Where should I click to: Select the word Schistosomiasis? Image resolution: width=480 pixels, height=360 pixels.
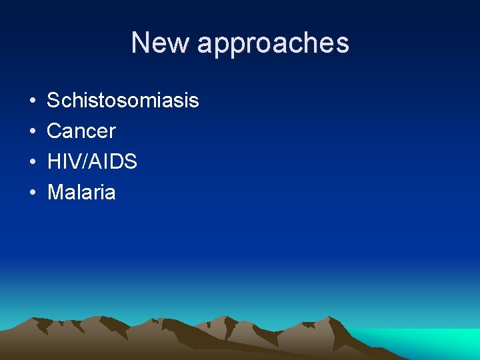click(123, 101)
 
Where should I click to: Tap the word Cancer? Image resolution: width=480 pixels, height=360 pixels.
click(81, 131)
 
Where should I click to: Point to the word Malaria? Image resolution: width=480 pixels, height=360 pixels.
click(81, 193)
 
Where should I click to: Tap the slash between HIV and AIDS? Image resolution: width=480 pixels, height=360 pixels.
click(83, 162)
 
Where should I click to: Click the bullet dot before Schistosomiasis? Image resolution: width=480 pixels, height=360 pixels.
click(32, 101)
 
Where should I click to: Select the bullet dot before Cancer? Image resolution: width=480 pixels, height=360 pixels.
click(32, 132)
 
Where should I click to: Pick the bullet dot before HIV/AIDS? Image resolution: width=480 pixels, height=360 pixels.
click(32, 163)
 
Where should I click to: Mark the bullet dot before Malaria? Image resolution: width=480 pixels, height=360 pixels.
click(32, 193)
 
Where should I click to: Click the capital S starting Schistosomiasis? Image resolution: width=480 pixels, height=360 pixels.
click(53, 101)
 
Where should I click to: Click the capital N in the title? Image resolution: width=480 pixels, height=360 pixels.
click(140, 43)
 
